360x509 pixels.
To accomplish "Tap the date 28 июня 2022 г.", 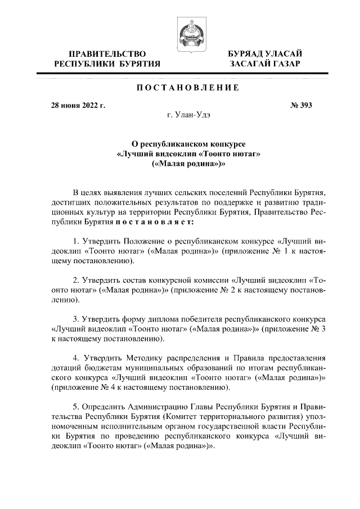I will pyautogui.click(x=78, y=105).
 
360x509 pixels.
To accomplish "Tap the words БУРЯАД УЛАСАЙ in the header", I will pyautogui.click(x=265, y=53).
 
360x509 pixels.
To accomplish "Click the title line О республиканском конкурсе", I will pyautogui.click(x=188, y=145).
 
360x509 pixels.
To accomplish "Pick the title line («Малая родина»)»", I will pyautogui.click(x=188, y=164).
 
